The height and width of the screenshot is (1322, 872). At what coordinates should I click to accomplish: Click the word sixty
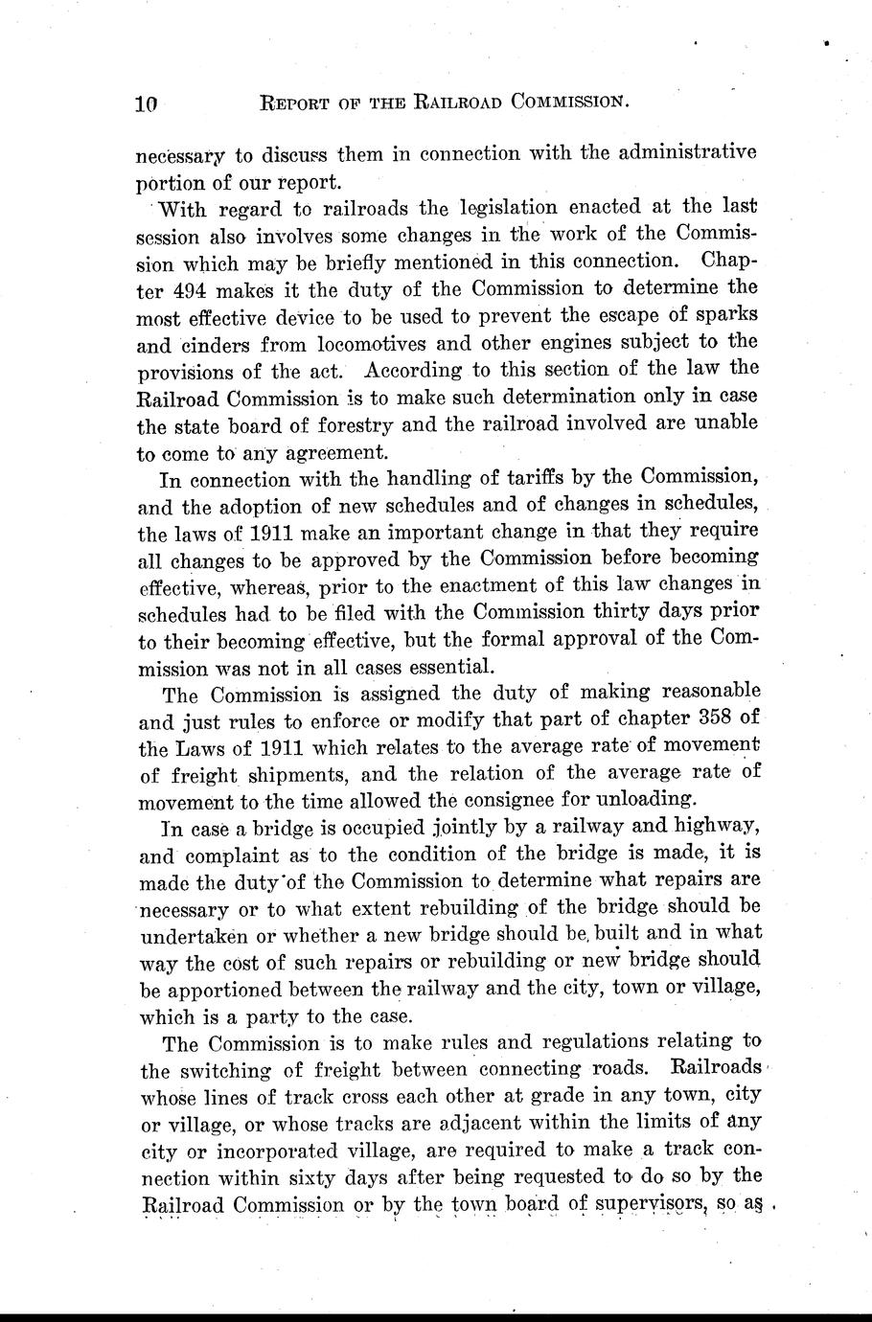click(x=301, y=1175)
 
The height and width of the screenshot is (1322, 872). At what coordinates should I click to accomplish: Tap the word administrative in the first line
click(x=679, y=154)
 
